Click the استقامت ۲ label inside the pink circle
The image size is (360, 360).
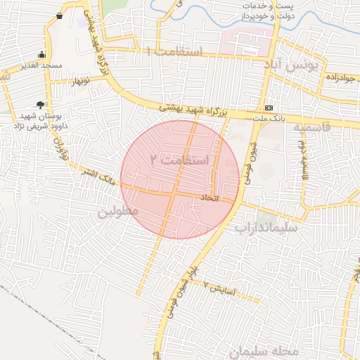pos(180,160)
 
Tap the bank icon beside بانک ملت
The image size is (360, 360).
pos(269,108)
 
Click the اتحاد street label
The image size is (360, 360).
pos(210,199)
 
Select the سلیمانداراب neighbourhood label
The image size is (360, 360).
pos(266,228)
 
